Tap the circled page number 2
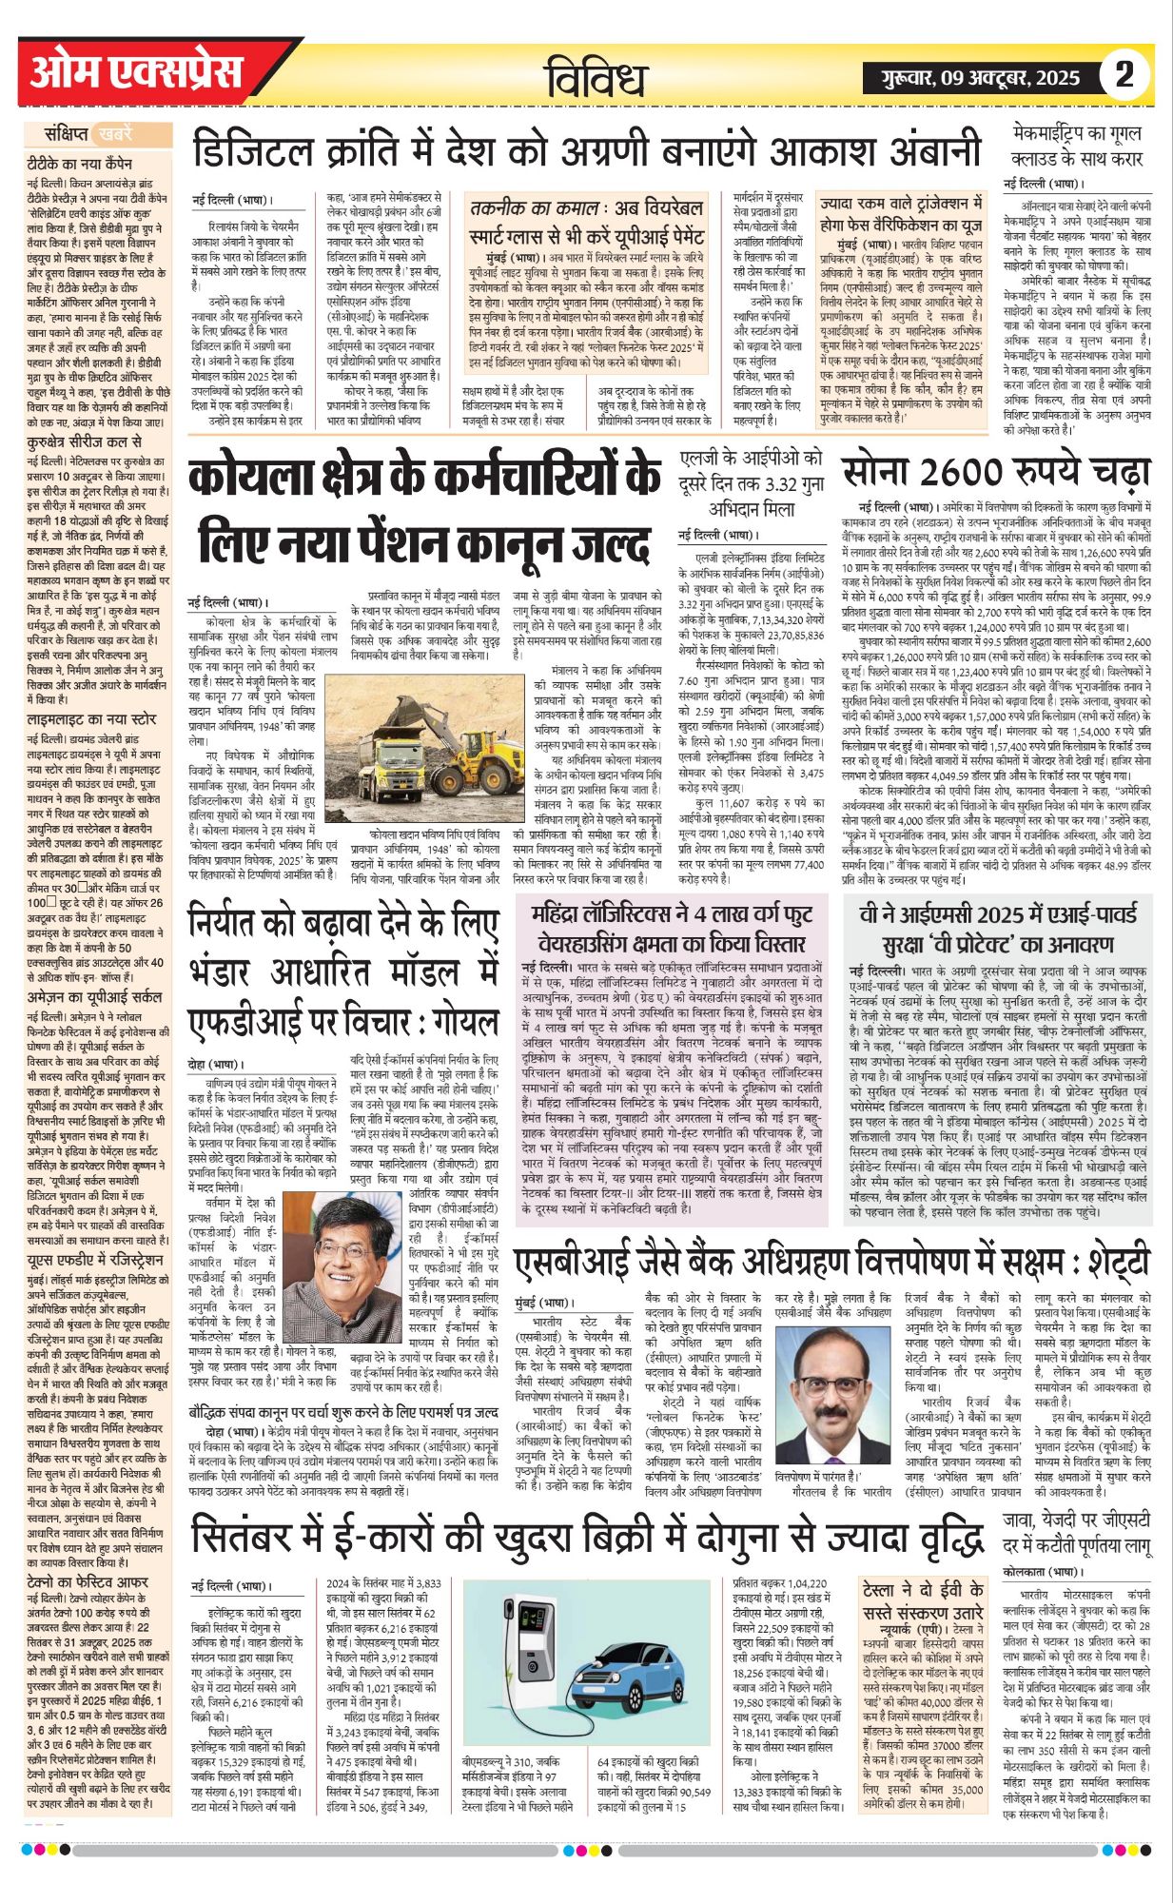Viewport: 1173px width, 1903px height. click(1124, 74)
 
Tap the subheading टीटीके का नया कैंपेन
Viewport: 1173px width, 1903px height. click(80, 164)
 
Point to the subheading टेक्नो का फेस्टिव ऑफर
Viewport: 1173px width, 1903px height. click(88, 1582)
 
